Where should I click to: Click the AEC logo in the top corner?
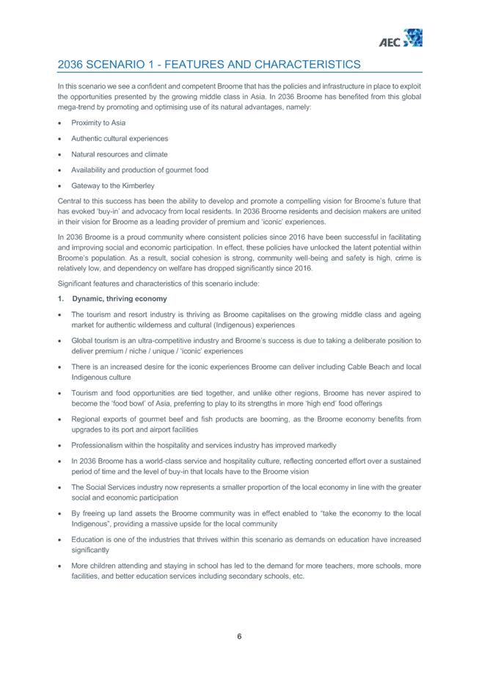tap(404, 38)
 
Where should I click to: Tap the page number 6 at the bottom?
tap(239, 636)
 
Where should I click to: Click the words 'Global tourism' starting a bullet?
tap(95, 341)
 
